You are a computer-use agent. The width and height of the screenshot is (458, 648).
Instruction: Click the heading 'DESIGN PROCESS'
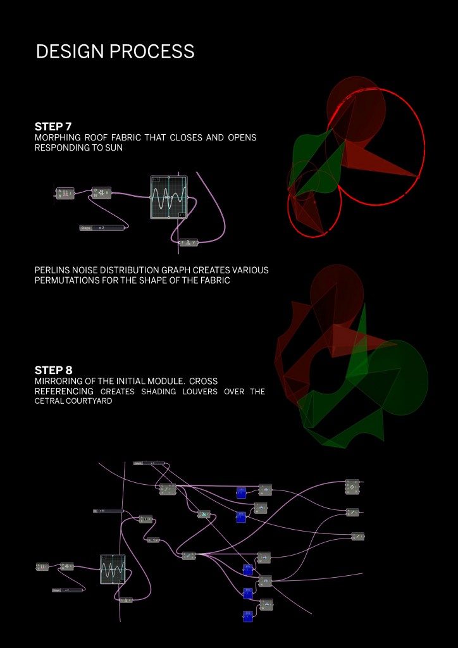[x=115, y=52]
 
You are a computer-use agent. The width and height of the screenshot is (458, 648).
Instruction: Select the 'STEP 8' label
[x=57, y=370]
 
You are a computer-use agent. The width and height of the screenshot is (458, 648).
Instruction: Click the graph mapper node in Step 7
[x=169, y=197]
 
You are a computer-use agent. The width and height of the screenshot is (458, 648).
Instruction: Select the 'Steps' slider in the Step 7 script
[x=99, y=227]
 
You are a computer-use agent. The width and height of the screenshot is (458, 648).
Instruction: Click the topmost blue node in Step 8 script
[x=241, y=492]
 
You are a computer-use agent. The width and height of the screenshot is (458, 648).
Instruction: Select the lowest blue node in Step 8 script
[x=247, y=615]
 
